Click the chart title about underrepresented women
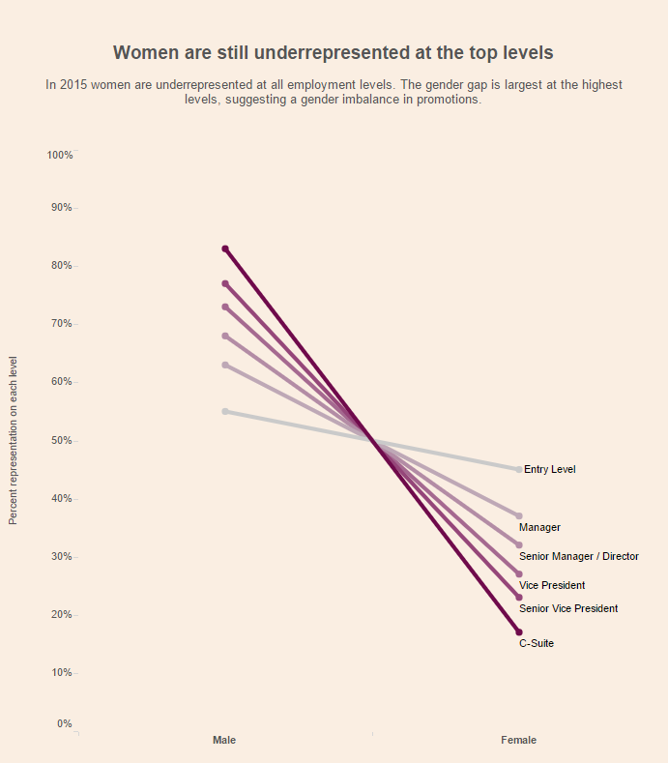pyautogui.click(x=334, y=52)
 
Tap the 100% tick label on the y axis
pyautogui.click(x=60, y=156)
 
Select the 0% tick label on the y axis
pyautogui.click(x=64, y=723)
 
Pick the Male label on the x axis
pyautogui.click(x=224, y=740)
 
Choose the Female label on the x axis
pyautogui.click(x=518, y=740)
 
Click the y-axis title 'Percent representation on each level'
pyautogui.click(x=14, y=440)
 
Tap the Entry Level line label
pyautogui.click(x=549, y=469)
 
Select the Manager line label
pyautogui.click(x=539, y=527)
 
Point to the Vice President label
pyautogui.click(x=552, y=585)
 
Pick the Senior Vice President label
pyautogui.click(x=568, y=608)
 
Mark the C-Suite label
pyautogui.click(x=537, y=643)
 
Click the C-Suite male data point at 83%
pyautogui.click(x=225, y=249)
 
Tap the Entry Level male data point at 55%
pyautogui.click(x=225, y=411)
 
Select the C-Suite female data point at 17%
pyautogui.click(x=519, y=631)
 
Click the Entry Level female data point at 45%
pyautogui.click(x=519, y=469)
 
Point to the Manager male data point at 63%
pyautogui.click(x=225, y=365)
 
